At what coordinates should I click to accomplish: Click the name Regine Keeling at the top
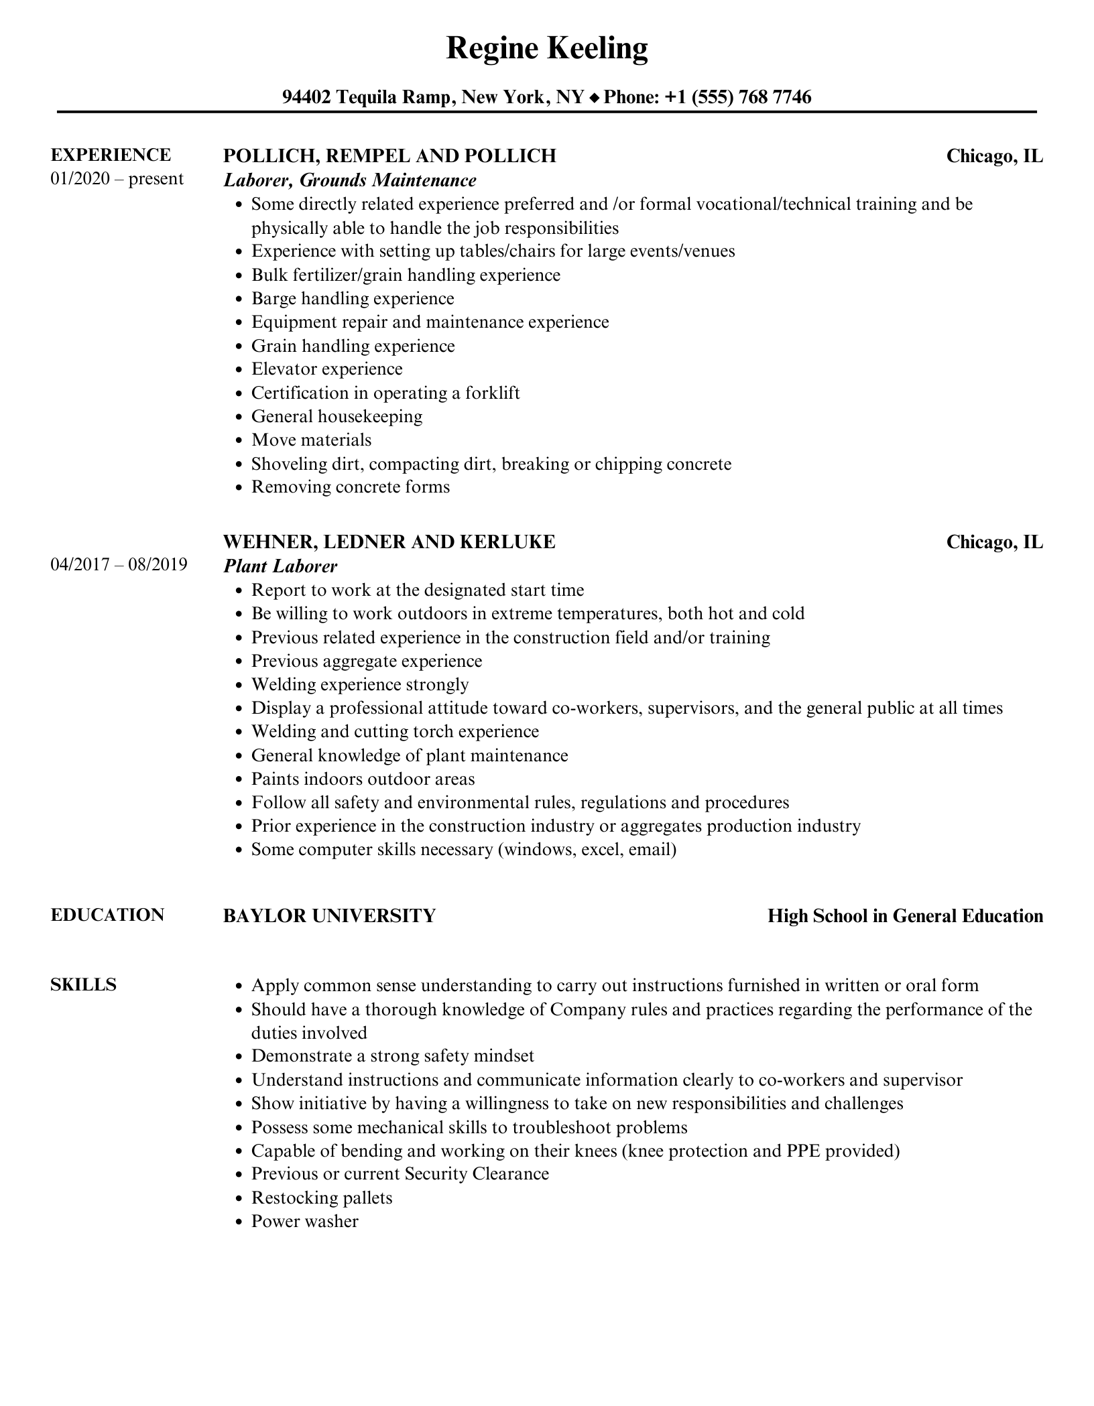coord(546,49)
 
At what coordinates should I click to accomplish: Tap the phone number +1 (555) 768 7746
coord(738,98)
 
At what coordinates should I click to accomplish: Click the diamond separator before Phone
coord(594,99)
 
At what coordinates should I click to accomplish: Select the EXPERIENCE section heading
coord(111,155)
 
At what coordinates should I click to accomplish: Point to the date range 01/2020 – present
coord(117,179)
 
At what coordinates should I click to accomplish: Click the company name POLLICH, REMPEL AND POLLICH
coord(389,155)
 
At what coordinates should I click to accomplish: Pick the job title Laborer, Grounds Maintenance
coord(349,180)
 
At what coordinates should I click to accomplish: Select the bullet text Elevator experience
coord(326,369)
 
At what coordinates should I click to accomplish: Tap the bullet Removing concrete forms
coord(350,487)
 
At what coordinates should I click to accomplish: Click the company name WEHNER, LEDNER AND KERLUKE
coord(389,541)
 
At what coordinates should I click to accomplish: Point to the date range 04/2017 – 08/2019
coord(119,565)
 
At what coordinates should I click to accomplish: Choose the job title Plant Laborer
coord(280,566)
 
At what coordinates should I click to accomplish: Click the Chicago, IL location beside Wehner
coord(994,541)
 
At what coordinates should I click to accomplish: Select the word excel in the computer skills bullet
coord(601,850)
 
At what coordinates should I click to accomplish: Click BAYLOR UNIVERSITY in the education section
coord(329,915)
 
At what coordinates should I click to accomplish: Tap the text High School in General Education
coord(905,916)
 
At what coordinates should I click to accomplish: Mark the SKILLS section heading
coord(83,984)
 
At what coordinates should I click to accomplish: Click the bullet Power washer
coord(304,1221)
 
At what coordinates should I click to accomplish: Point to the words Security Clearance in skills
coord(477,1173)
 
